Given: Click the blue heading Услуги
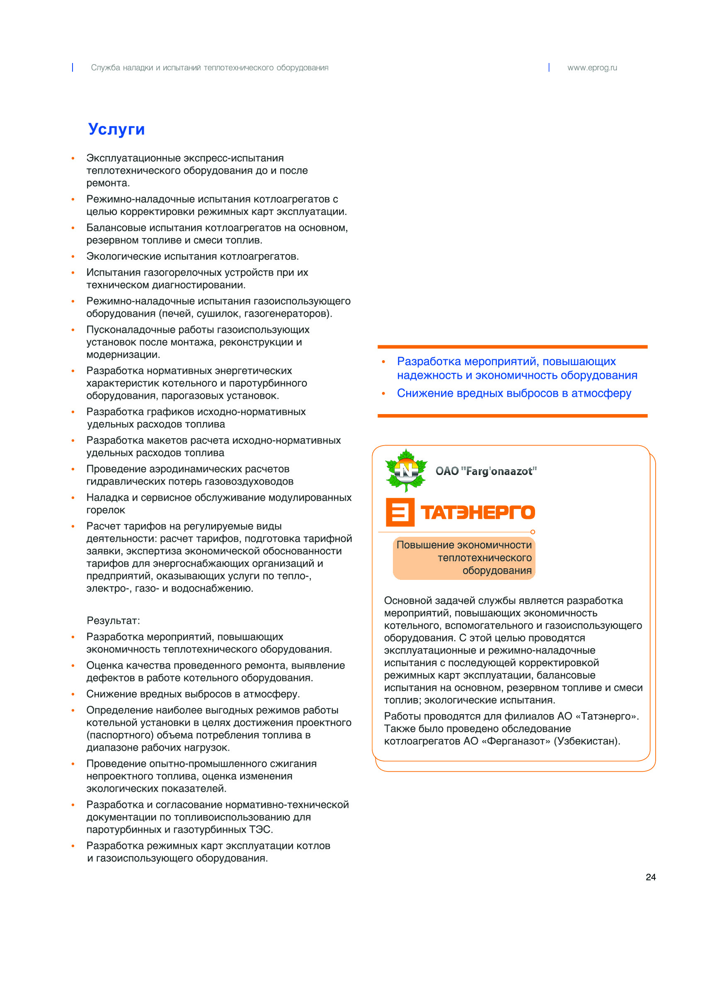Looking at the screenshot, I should click(116, 129).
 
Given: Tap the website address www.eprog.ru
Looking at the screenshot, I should click(592, 68).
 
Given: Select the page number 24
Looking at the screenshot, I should click(650, 877).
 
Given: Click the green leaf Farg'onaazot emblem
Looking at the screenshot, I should click(406, 470).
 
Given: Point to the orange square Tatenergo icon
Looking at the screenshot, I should click(400, 512).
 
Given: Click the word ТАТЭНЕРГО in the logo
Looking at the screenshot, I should click(477, 512).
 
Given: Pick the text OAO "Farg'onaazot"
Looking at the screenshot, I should click(486, 471).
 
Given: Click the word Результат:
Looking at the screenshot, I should click(113, 621).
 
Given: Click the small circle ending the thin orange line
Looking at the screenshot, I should click(533, 532).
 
